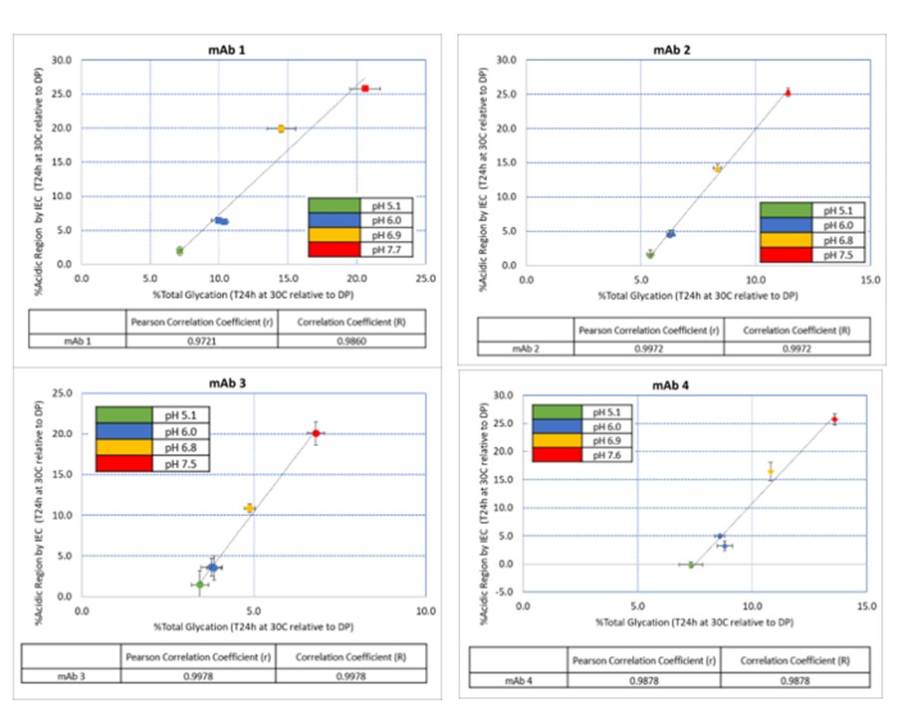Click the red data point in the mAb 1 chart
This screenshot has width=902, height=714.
pos(365,89)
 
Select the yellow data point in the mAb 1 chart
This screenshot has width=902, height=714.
pos(282,128)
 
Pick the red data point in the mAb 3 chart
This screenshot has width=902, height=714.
pos(316,433)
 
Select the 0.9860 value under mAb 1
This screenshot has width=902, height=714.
pos(351,340)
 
